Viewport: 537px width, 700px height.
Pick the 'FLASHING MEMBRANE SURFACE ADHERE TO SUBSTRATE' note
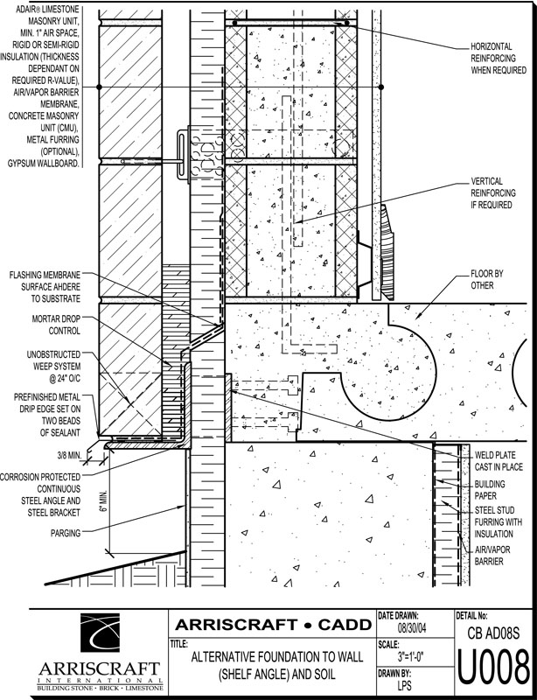coord(47,286)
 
